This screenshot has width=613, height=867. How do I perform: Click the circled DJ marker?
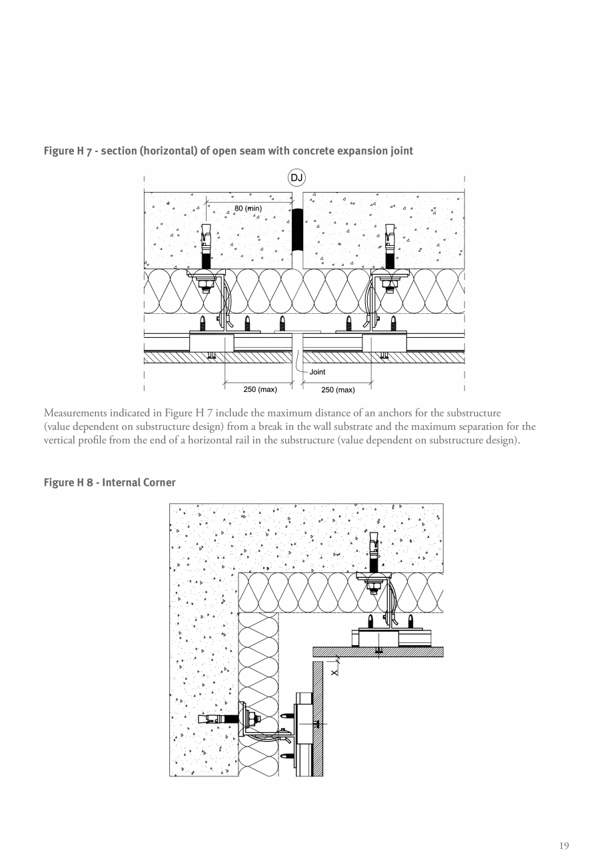[x=297, y=178]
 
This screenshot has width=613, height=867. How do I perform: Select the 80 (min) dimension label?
[x=248, y=209]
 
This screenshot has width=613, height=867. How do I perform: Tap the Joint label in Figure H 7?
[x=318, y=372]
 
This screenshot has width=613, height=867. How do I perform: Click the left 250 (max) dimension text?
[x=260, y=390]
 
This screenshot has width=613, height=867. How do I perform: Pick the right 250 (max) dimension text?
[x=338, y=390]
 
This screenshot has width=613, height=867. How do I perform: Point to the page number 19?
[x=564, y=846]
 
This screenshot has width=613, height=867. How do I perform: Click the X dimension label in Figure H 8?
[x=334, y=672]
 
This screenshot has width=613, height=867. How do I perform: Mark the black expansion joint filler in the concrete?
[x=298, y=230]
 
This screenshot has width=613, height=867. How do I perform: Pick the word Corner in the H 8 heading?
[x=159, y=482]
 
